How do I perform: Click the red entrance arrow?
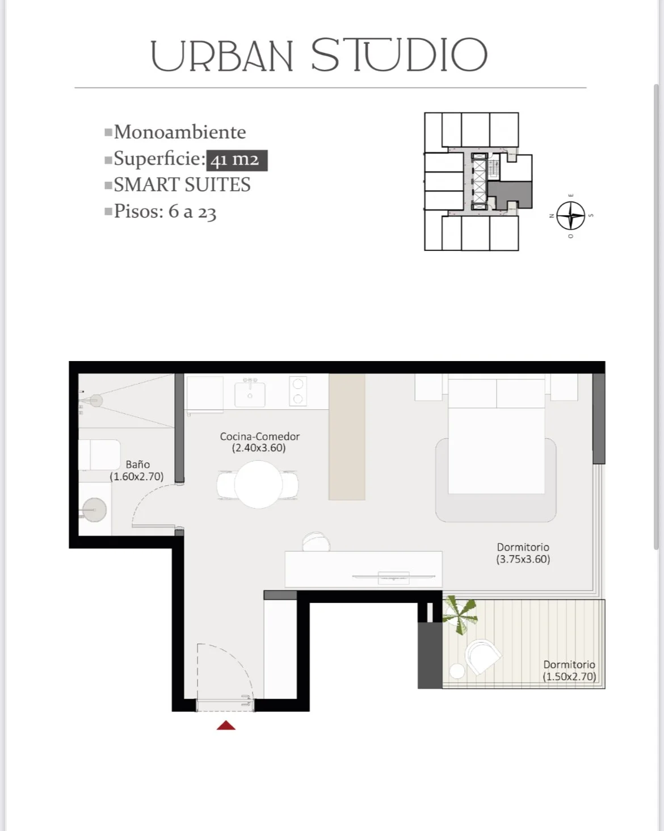(226, 725)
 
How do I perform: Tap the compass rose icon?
(570, 216)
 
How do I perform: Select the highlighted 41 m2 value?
(237, 160)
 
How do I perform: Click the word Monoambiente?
(180, 132)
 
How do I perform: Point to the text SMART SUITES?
(182, 184)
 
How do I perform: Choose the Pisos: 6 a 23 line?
(165, 212)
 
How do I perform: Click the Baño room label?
(137, 464)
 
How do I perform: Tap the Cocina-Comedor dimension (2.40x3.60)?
(259, 448)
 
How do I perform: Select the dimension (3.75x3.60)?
(523, 559)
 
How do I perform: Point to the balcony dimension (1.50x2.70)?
(569, 677)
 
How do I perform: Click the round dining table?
(258, 484)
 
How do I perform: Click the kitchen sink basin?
(250, 394)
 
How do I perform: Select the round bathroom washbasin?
(95, 510)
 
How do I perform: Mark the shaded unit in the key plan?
(510, 195)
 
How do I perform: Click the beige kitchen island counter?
(347, 437)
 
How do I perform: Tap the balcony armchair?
(483, 656)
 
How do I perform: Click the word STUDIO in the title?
(400, 55)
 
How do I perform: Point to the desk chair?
(316, 542)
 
